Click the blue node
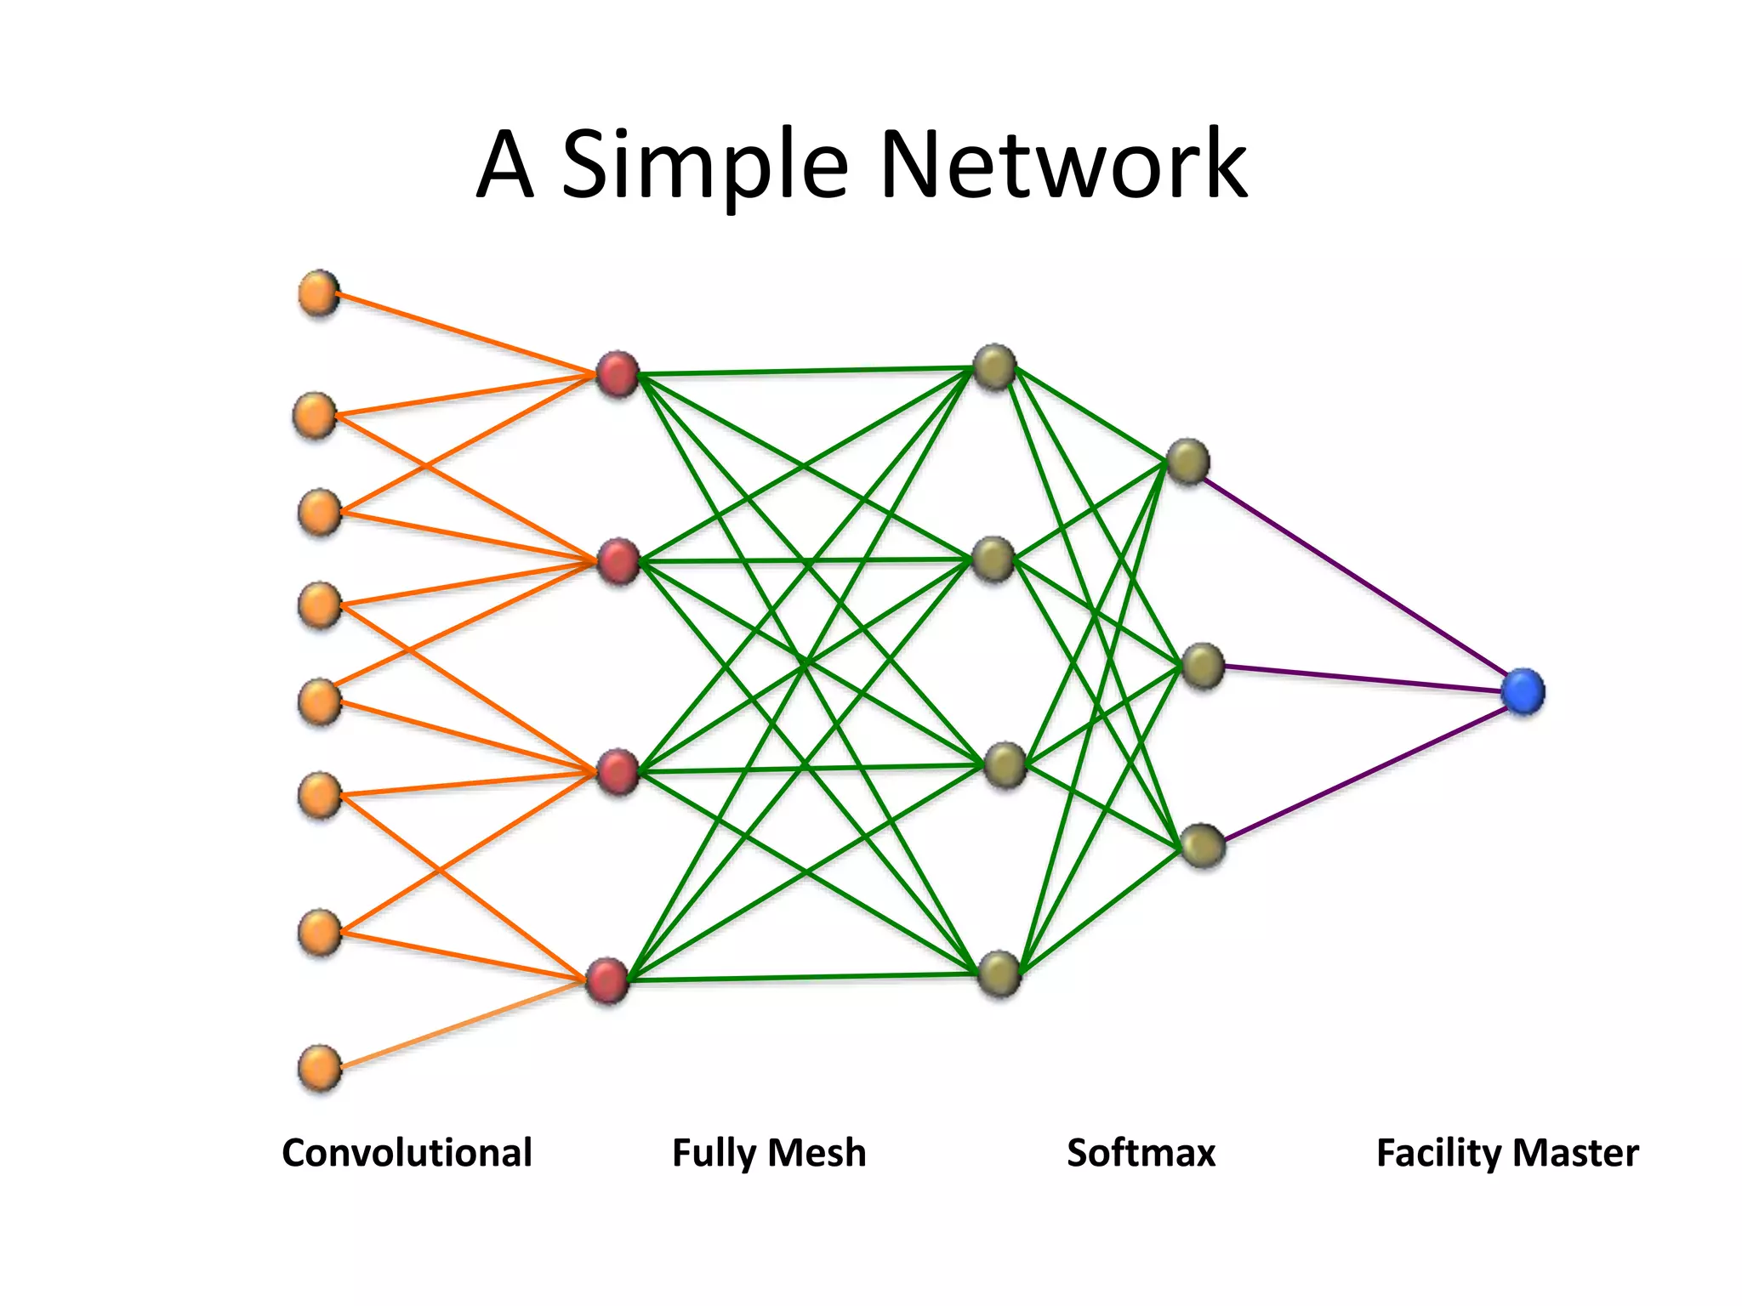tap(1522, 690)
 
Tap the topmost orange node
tap(319, 293)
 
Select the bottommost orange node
tap(320, 1068)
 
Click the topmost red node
tap(618, 374)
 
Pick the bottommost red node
tap(607, 980)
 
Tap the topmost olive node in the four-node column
tap(994, 367)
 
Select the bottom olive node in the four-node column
tap(999, 974)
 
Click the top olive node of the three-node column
tap(1187, 462)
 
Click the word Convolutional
tap(407, 1153)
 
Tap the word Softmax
tap(1141, 1153)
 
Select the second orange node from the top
tap(315, 416)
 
